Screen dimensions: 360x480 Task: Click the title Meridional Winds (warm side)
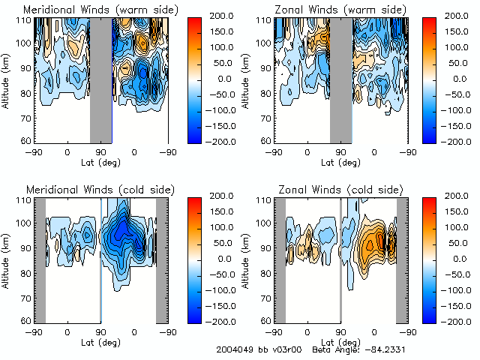point(90,9)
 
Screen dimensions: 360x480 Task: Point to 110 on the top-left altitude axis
point(24,20)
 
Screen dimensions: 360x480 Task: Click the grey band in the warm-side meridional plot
point(100,79)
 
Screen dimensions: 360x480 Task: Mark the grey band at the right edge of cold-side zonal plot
point(402,259)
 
